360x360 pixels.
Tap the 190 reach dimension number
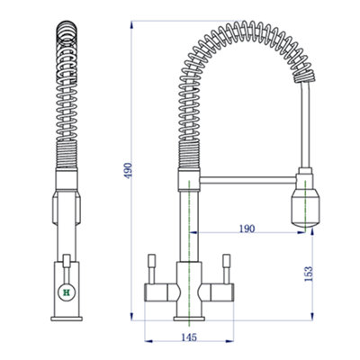(245, 229)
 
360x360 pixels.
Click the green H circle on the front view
(65, 292)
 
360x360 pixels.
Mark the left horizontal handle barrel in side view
(159, 292)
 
